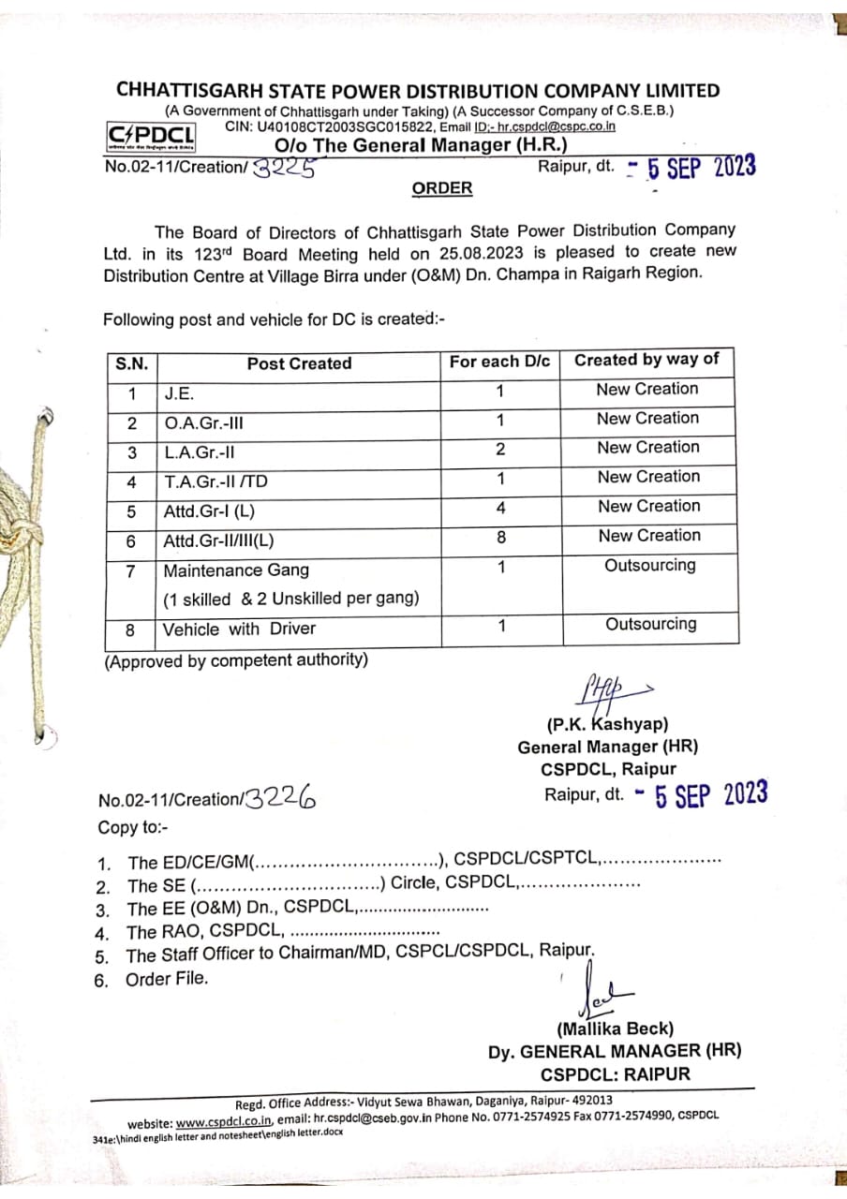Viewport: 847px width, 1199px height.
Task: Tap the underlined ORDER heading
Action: coord(442,188)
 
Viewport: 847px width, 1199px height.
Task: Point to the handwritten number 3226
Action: coord(279,798)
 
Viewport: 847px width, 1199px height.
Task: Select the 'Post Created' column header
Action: coord(299,363)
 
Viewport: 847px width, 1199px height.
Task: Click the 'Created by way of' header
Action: coord(646,360)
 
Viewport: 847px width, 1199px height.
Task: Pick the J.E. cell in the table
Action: coord(179,394)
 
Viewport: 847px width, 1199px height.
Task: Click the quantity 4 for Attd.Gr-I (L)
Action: coord(500,508)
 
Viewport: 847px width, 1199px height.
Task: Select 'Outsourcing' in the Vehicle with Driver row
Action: coord(650,624)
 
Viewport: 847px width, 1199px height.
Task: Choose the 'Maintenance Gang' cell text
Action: coord(236,570)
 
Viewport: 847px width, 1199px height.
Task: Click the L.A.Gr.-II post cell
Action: coord(199,452)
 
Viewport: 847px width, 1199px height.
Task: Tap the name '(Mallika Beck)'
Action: coord(615,1029)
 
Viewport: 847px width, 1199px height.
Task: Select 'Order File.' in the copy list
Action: coord(167,980)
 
